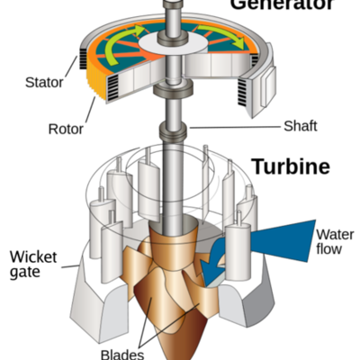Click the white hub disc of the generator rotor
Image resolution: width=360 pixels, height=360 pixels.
pyautogui.click(x=178, y=41)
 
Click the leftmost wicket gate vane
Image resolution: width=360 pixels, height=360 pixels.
pyautogui.click(x=96, y=225)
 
